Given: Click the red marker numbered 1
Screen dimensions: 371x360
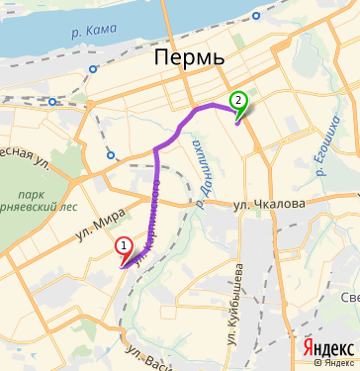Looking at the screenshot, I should coord(123,244).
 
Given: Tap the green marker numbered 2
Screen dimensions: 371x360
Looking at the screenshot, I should coord(237,100).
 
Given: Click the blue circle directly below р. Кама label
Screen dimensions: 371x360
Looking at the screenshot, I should coord(93,69).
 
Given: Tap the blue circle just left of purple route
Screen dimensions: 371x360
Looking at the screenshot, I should coord(112,154).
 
